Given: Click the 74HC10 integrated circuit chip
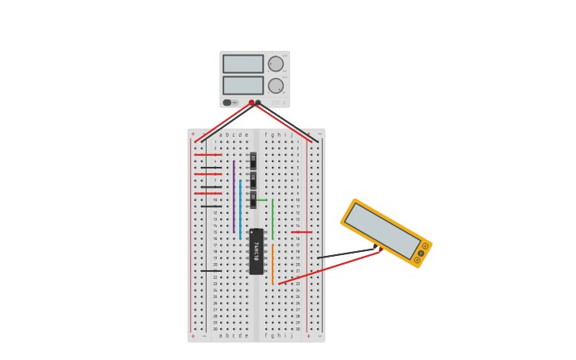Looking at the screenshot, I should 256,251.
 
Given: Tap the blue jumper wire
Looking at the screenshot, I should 240,208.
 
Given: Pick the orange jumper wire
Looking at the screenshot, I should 272,264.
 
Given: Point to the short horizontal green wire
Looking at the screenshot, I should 261,199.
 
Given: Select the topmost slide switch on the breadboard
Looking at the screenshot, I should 253,160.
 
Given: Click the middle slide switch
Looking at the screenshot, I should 253,180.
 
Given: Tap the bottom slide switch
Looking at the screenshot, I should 253,199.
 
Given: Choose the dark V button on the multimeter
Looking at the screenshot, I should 420,254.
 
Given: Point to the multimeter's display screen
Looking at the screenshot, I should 381,230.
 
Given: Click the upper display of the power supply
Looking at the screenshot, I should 242,64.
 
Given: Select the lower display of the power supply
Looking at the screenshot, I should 242,85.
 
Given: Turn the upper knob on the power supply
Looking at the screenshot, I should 276,64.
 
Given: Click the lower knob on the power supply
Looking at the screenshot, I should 276,86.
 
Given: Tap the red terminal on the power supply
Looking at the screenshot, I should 252,103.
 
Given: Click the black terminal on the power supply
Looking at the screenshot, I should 258,103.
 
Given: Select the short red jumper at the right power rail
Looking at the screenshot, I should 301,232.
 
